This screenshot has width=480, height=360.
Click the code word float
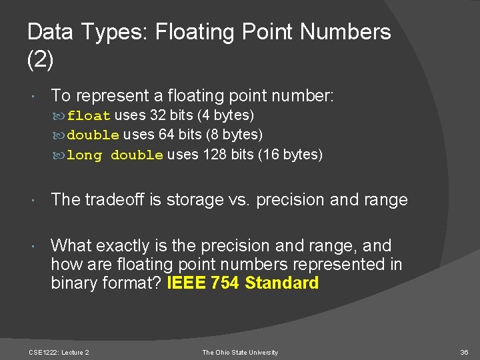click(89, 115)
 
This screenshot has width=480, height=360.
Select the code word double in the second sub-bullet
click(93, 135)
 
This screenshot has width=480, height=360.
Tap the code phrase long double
click(115, 155)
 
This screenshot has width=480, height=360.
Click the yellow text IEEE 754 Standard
click(243, 283)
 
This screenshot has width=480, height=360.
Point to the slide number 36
click(464, 352)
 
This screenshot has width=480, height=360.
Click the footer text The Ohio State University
click(240, 352)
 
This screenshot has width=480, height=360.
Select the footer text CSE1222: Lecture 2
click(59, 352)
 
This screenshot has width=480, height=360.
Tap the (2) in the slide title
click(40, 60)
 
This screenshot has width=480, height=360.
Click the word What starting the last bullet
click(73, 245)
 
